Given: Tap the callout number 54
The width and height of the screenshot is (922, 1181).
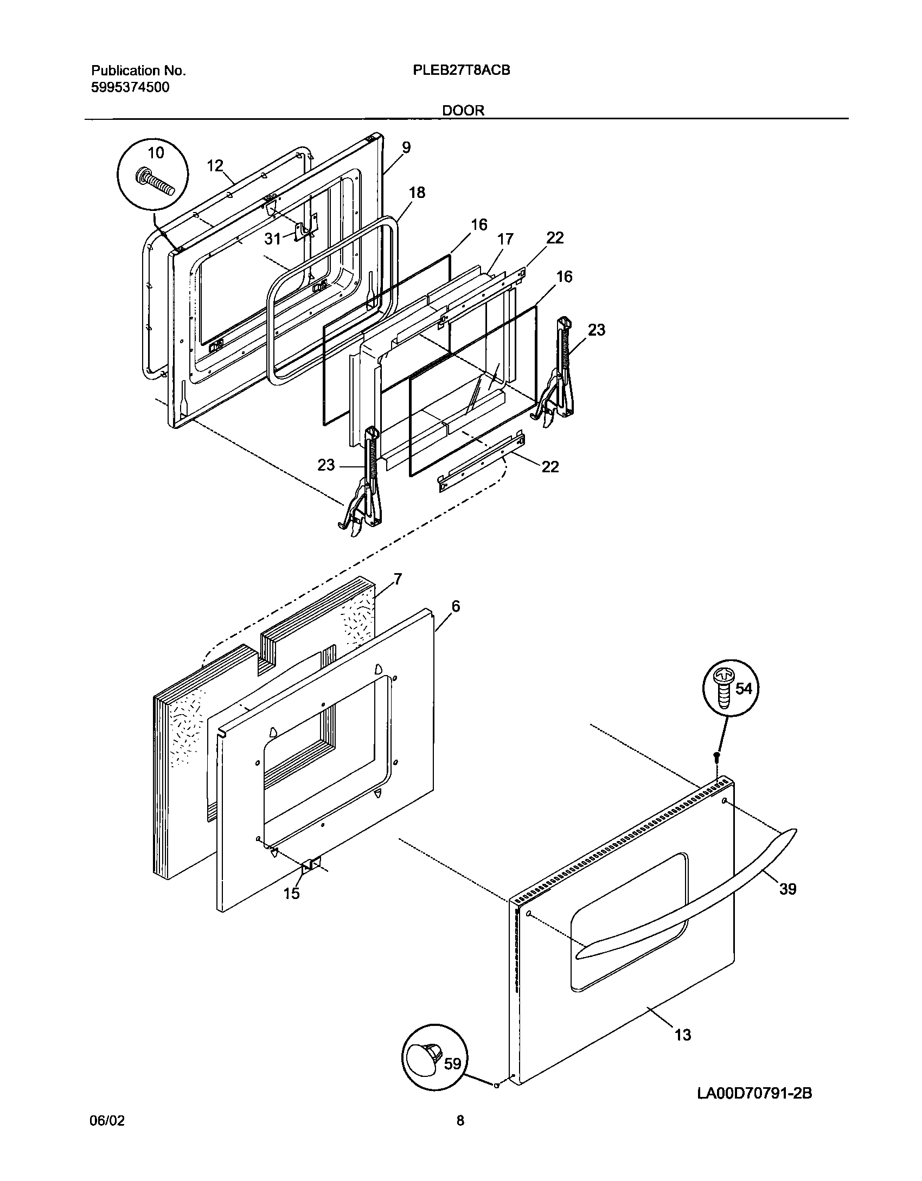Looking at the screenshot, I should (744, 689).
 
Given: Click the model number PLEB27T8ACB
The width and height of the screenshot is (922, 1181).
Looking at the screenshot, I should (461, 70).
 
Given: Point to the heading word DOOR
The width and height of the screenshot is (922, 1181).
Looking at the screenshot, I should (463, 110).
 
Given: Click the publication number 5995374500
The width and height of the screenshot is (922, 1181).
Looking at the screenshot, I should (130, 87).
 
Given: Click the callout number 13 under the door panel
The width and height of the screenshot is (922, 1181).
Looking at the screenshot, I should (683, 1035).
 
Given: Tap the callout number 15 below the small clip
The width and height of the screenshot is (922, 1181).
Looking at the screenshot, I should (291, 893).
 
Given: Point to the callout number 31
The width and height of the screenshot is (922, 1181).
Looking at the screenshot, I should (272, 238).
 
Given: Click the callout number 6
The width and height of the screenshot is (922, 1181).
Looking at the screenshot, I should (455, 606).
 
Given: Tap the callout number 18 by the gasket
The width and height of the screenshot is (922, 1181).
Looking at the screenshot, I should (417, 192).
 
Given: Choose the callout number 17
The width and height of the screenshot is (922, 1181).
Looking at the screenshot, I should (505, 239).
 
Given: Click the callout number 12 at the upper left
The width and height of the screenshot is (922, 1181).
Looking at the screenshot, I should (215, 165).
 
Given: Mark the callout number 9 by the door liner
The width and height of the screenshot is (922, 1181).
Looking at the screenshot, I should (406, 147).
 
